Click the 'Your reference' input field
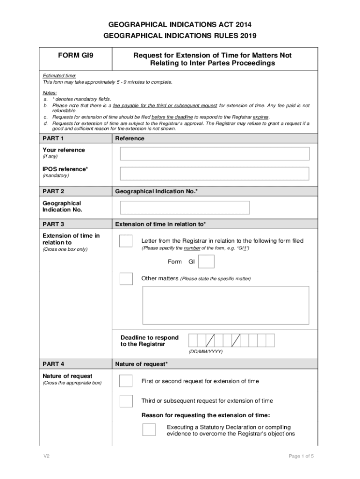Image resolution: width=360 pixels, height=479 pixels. click(x=215, y=154)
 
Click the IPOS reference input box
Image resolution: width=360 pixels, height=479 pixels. click(x=215, y=174)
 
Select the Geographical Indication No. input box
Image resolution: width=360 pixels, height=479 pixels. click(x=185, y=208)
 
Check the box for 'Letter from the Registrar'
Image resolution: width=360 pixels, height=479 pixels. click(x=126, y=241)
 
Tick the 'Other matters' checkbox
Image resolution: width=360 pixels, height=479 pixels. click(x=126, y=278)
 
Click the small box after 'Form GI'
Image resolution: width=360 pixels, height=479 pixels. click(x=206, y=261)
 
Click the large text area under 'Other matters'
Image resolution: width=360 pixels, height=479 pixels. click(x=225, y=305)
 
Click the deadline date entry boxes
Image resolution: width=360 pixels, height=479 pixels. click(x=231, y=341)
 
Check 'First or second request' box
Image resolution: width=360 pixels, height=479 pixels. click(x=126, y=381)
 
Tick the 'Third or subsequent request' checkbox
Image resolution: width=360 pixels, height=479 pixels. click(x=126, y=401)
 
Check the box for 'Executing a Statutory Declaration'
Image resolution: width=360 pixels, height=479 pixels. click(x=149, y=430)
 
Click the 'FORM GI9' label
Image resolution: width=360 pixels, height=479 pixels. click(x=76, y=55)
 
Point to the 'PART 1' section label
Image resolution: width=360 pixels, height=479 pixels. click(x=53, y=138)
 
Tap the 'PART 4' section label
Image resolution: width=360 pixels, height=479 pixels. click(x=53, y=364)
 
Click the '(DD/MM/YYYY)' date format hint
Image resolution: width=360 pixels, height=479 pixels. click(x=206, y=351)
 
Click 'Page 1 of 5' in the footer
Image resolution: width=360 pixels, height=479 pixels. click(x=301, y=456)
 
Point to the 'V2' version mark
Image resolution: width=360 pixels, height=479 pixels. click(x=46, y=456)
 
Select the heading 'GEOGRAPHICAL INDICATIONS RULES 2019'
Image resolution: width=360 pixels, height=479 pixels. click(x=180, y=35)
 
